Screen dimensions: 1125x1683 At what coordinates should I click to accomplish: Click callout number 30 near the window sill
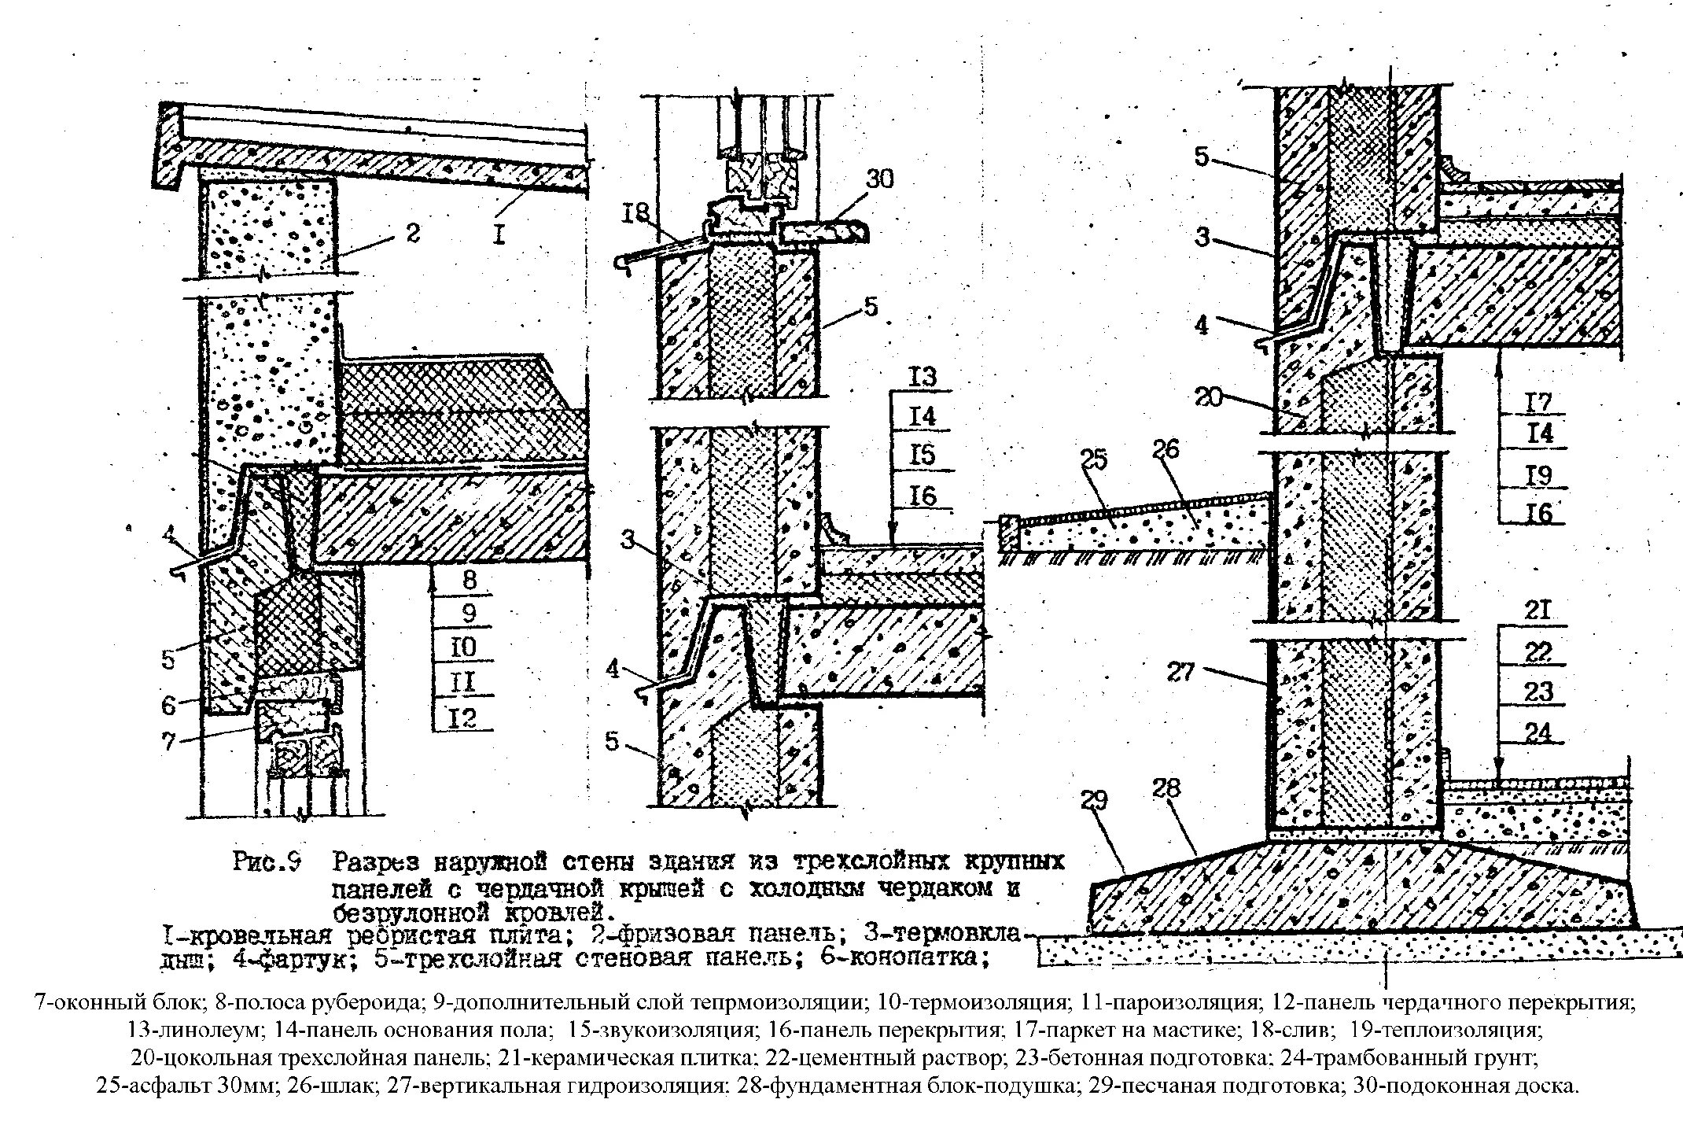click(x=880, y=179)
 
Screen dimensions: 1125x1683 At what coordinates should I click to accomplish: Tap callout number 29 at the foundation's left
click(x=1094, y=801)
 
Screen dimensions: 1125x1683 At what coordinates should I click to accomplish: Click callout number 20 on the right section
click(x=1209, y=397)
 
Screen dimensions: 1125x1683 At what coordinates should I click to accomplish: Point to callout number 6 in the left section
click(x=169, y=705)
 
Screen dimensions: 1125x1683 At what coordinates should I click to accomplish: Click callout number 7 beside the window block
click(x=169, y=741)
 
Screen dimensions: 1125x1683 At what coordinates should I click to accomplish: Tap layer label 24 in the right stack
click(x=1538, y=733)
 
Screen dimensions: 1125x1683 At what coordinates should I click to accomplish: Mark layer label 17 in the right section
click(x=1538, y=402)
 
